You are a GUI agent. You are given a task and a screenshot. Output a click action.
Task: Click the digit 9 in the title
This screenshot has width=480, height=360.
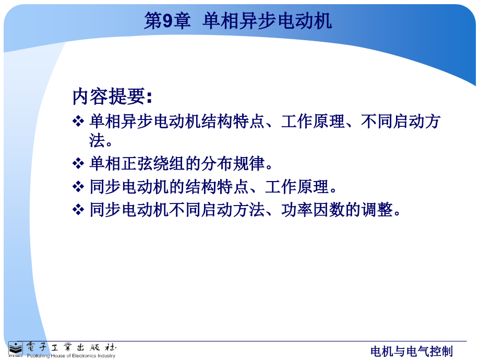click(169, 21)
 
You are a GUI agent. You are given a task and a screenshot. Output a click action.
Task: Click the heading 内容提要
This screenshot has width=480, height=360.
click(109, 97)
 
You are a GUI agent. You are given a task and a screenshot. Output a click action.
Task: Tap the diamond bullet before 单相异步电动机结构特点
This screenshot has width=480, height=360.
click(78, 121)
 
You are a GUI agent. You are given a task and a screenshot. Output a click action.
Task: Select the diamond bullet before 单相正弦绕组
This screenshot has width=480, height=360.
click(78, 163)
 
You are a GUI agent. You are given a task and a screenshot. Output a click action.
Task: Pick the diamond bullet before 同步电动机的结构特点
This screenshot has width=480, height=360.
click(78, 187)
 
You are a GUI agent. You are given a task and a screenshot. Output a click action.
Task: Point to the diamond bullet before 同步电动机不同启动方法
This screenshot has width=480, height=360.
click(78, 210)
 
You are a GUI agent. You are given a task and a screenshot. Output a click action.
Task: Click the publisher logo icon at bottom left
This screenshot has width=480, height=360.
click(15, 349)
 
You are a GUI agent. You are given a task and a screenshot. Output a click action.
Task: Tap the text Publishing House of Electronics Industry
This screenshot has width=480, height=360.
click(71, 356)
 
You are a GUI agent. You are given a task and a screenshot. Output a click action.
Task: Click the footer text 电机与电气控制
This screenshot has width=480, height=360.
click(412, 352)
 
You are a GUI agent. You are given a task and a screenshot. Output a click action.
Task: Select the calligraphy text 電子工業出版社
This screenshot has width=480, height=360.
click(71, 347)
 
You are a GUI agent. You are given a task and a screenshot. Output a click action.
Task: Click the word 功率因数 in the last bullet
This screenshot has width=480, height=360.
click(313, 210)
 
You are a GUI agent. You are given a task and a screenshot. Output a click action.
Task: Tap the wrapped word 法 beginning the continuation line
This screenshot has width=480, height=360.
click(97, 140)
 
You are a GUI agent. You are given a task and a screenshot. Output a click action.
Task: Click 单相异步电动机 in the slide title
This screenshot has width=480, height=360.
click(267, 21)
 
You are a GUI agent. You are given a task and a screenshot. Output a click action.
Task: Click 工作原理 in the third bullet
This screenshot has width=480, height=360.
click(297, 187)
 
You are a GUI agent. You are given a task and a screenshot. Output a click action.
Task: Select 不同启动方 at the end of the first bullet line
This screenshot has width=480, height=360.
click(401, 121)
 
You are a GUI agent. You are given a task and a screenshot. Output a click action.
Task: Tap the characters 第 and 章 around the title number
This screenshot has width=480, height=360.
click(167, 21)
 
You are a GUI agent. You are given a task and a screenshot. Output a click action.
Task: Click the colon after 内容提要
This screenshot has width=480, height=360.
click(149, 98)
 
